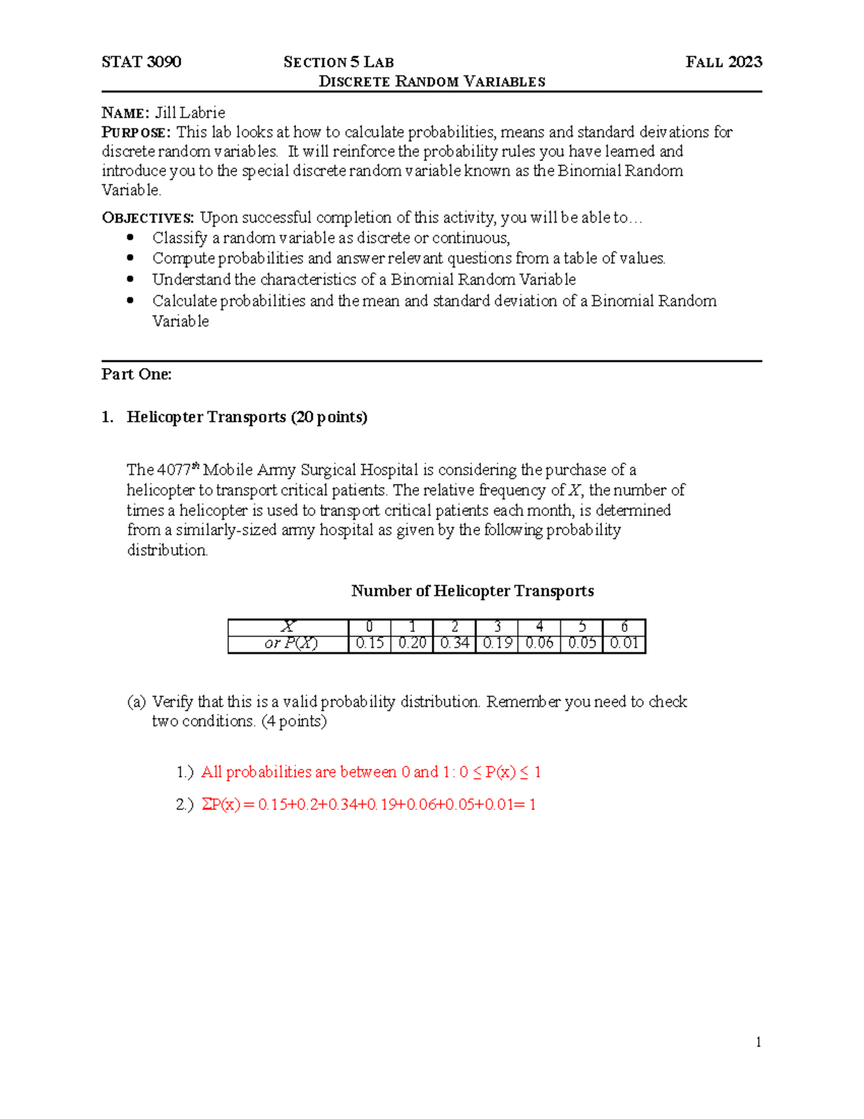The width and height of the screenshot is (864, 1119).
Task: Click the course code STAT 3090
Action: pos(141,62)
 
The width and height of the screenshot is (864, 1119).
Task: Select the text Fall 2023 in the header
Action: pos(724,62)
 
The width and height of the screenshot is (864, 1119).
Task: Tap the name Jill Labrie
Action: pos(190,112)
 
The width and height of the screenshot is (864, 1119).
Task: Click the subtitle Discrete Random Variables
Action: pos(432,81)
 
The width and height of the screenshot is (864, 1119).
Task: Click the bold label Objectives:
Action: pos(148,218)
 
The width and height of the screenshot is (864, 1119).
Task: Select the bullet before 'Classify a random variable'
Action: pos(130,237)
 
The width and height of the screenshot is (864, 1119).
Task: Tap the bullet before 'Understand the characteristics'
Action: pos(130,279)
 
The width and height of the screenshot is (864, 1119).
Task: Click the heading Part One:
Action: pos(137,374)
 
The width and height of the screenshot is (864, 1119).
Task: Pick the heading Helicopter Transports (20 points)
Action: pos(247,417)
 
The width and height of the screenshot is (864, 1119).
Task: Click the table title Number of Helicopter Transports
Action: pos(472,591)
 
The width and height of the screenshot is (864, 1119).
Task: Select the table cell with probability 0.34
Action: pos(454,643)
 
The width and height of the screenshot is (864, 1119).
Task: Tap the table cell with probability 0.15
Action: pos(369,643)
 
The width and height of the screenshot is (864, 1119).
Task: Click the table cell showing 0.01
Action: pos(624,643)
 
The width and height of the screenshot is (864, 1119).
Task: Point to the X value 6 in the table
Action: pos(624,627)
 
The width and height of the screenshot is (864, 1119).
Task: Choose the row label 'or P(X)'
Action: pos(290,643)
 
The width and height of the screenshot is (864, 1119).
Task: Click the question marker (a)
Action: pos(136,702)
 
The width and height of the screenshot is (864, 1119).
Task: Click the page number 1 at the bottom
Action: pos(758,1042)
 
